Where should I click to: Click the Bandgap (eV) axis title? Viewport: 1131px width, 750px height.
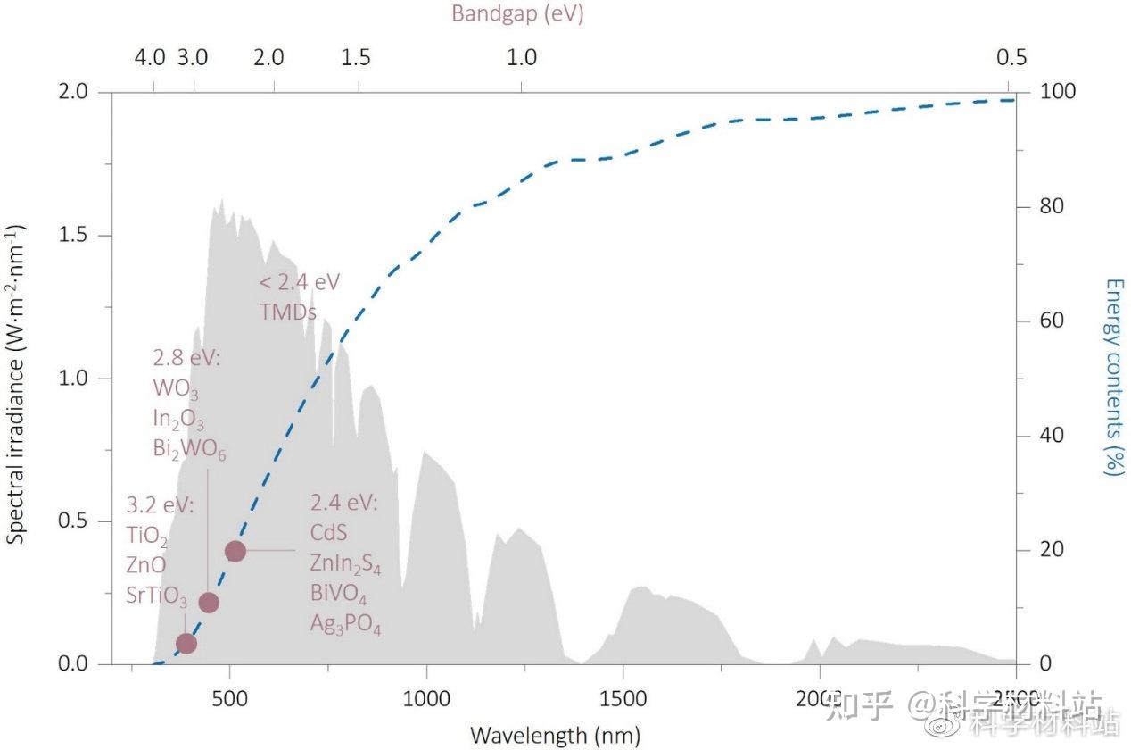[x=517, y=14]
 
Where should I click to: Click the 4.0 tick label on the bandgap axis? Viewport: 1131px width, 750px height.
[x=150, y=58]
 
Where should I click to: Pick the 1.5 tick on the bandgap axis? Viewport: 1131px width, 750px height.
[x=356, y=58]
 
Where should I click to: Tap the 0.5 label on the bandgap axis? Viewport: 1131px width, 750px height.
[x=1011, y=58]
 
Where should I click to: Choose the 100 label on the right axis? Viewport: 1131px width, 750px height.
[x=1054, y=92]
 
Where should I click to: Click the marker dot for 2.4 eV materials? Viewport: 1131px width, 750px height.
[x=235, y=551]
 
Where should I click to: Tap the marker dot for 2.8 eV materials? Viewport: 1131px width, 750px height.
[x=209, y=603]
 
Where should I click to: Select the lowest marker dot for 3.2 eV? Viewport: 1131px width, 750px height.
[x=186, y=643]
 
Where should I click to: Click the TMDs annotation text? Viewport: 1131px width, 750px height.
[x=288, y=312]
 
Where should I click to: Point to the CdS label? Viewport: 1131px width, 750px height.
[x=328, y=532]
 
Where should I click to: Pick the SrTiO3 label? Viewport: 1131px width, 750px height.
[x=157, y=596]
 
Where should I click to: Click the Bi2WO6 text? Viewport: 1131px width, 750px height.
[x=188, y=449]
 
